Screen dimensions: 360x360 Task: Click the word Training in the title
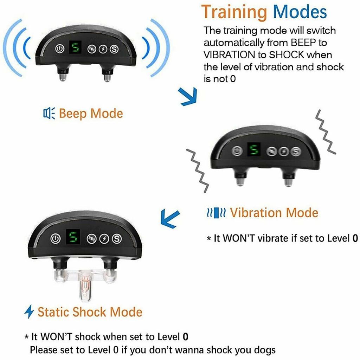[235, 12]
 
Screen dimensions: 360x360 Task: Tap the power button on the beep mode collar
[60, 49]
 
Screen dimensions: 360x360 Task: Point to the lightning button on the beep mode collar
[102, 49]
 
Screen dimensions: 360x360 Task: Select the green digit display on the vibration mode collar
[252, 150]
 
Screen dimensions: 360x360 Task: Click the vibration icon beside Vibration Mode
[216, 213]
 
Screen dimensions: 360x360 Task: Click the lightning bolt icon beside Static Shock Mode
[29, 311]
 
